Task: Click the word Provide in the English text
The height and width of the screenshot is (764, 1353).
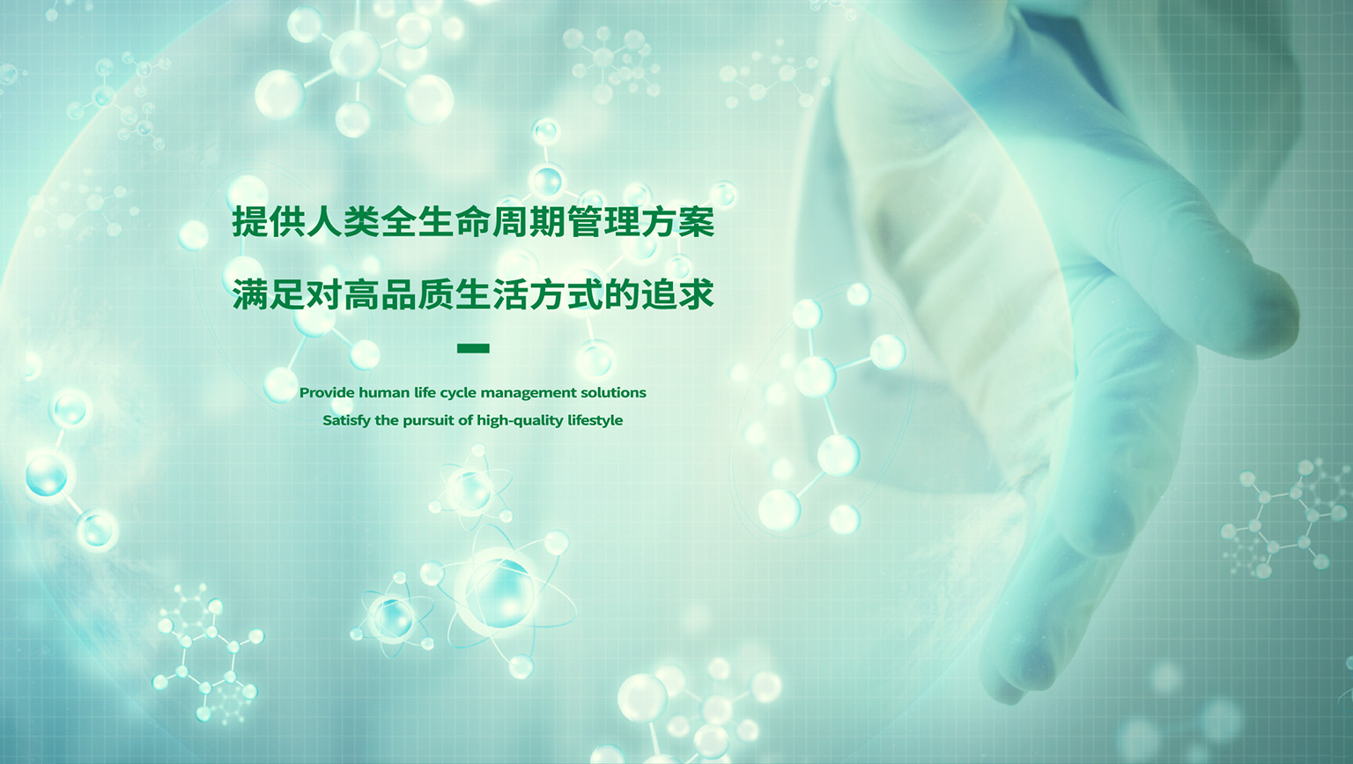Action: click(x=327, y=393)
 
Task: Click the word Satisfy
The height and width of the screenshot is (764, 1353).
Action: click(x=347, y=420)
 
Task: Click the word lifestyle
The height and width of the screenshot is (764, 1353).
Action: click(x=595, y=420)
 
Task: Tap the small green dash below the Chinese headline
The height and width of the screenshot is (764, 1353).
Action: click(x=474, y=348)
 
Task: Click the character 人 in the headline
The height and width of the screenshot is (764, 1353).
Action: click(x=325, y=222)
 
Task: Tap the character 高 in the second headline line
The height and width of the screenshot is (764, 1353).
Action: click(x=362, y=294)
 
